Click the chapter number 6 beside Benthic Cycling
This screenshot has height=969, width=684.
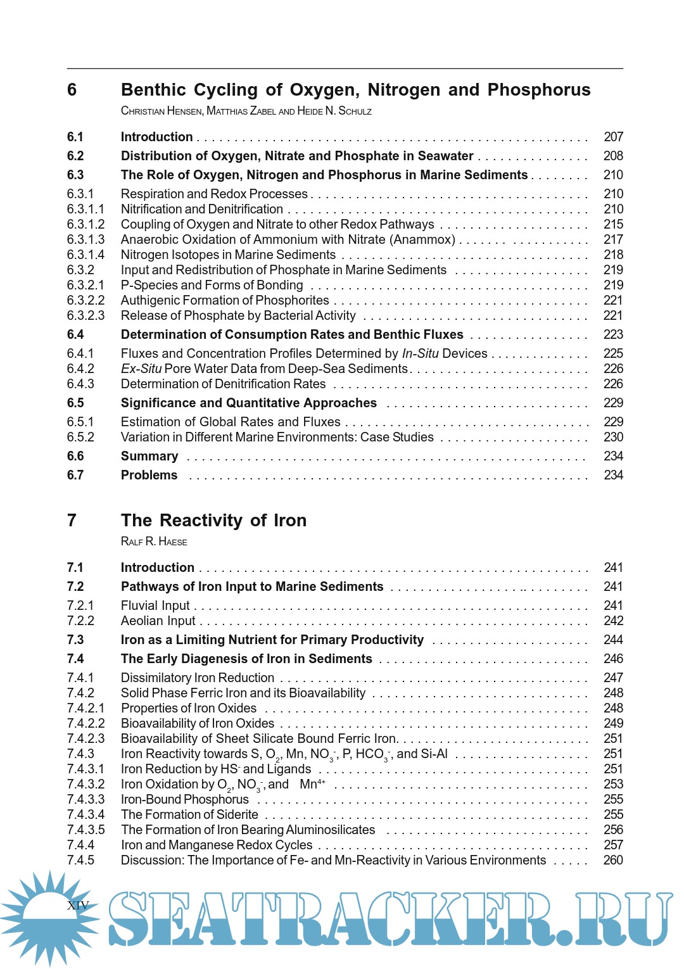tap(72, 90)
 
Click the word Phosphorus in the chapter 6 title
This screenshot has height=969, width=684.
tap(539, 90)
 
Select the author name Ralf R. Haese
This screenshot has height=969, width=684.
tap(154, 541)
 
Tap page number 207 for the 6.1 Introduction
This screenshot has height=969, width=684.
tap(613, 137)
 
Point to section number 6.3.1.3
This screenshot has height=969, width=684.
tap(85, 239)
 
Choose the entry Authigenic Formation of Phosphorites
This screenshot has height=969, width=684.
tap(225, 300)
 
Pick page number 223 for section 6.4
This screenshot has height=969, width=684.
tap(613, 334)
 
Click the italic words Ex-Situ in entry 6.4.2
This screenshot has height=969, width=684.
tap(141, 369)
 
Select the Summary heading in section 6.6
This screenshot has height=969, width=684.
tap(149, 456)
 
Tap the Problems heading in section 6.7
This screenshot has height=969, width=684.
tap(149, 475)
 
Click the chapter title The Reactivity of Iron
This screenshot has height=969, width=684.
tap(213, 521)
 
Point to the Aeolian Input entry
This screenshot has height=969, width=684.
tap(158, 621)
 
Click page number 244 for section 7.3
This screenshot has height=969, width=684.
tap(613, 640)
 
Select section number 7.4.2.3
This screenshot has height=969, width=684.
tap(85, 738)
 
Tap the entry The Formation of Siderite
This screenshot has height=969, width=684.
tap(189, 814)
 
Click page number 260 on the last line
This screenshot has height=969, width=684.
tap(613, 860)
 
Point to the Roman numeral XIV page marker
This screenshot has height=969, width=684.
tap(78, 905)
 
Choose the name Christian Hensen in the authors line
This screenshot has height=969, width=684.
tap(161, 111)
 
